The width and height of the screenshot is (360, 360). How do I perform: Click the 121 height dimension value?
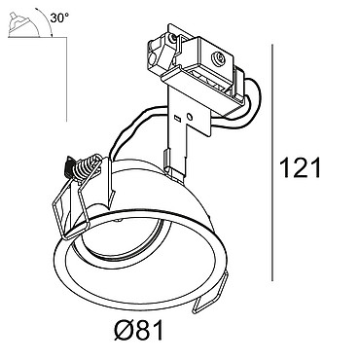point(300,167)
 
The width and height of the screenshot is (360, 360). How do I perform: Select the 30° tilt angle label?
point(59,18)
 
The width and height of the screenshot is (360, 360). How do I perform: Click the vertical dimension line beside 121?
point(272,162)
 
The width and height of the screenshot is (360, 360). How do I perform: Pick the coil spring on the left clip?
point(86,167)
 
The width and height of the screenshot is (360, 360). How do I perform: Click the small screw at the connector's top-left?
point(171,39)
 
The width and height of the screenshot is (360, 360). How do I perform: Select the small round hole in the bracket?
point(191,116)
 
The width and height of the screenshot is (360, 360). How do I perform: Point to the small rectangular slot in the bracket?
point(177,118)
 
